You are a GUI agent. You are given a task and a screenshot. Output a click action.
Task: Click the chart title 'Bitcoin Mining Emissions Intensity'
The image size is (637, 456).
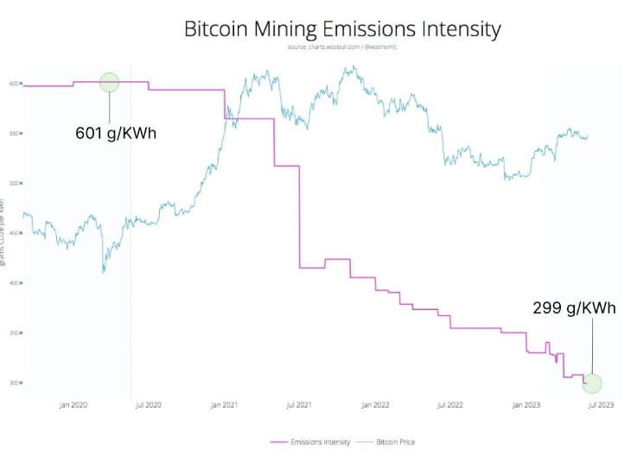(342, 28)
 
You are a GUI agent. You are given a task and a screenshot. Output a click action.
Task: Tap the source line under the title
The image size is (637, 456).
(342, 47)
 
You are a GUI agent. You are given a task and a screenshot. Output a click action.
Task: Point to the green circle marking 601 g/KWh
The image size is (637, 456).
(109, 83)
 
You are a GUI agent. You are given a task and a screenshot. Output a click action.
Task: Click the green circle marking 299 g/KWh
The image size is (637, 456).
(592, 383)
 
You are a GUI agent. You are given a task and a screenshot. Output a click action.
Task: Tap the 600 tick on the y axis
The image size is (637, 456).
(14, 84)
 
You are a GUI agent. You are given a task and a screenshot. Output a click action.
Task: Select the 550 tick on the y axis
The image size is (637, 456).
(14, 133)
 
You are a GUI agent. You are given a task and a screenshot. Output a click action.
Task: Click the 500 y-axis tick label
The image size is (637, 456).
(14, 183)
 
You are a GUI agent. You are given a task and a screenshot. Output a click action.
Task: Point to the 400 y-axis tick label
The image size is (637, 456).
(14, 282)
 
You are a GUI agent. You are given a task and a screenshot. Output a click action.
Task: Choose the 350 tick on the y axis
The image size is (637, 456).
(14, 332)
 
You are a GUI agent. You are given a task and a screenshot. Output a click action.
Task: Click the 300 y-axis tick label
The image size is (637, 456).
(14, 383)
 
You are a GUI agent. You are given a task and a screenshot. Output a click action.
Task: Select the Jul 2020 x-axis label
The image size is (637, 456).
(148, 404)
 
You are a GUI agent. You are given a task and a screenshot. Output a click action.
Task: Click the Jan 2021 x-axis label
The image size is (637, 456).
(224, 404)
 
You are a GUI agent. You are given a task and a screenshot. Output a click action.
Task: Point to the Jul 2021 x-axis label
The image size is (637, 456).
(299, 404)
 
